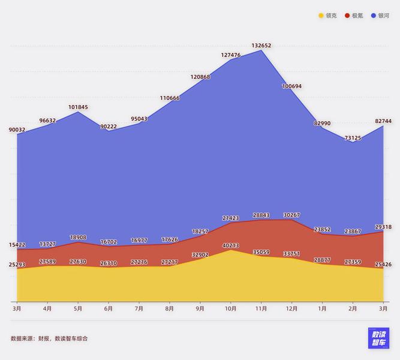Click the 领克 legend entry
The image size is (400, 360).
[x=327, y=16]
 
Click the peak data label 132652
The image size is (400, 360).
[x=261, y=45]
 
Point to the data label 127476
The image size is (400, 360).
[x=231, y=55]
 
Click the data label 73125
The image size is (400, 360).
[x=353, y=137]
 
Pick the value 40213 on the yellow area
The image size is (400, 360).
[x=231, y=245]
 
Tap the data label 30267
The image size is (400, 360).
[x=291, y=215]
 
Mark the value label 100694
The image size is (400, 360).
[x=291, y=86]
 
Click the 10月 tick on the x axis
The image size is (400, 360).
[x=231, y=308]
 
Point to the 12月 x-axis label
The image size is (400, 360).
[x=291, y=308]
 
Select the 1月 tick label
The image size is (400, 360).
[x=322, y=308]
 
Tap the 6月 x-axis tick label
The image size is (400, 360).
[x=109, y=308]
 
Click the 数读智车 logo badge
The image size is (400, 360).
[x=378, y=338]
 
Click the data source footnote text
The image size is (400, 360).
[x=49, y=338]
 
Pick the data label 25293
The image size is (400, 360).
[x=17, y=265]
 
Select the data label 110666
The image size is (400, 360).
[x=170, y=97]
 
